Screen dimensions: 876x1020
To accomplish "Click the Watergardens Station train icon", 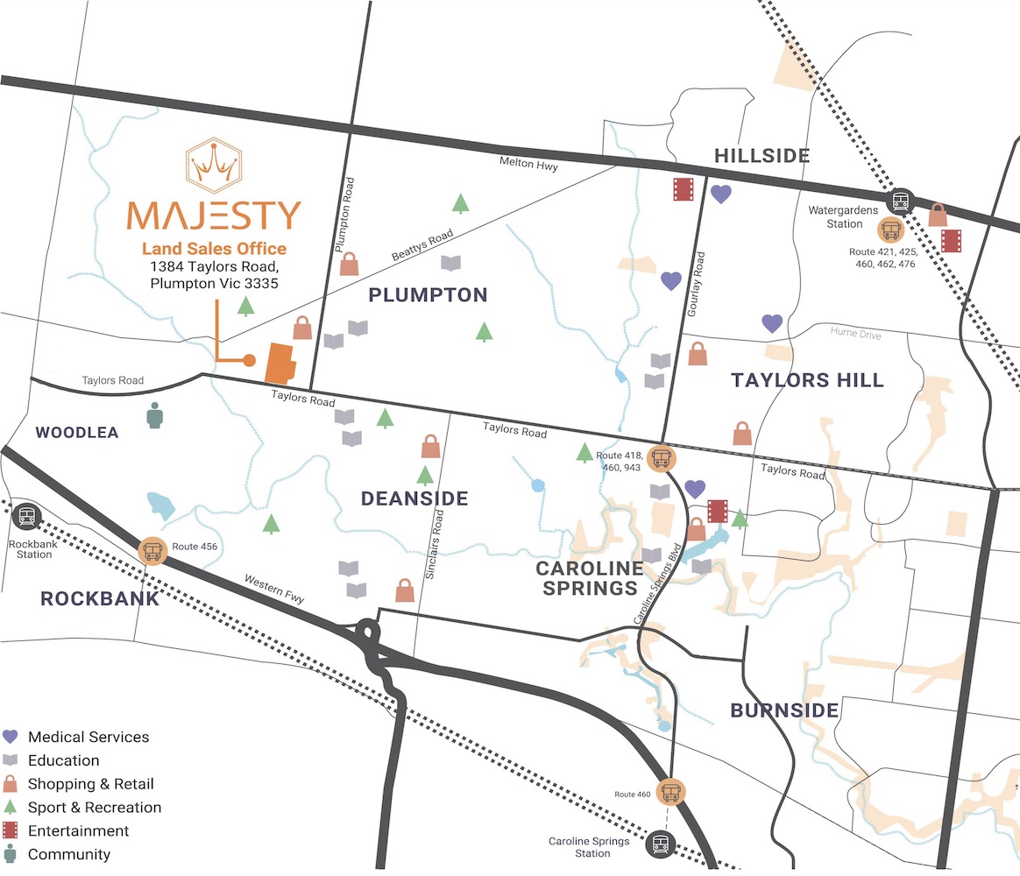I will coord(900,202).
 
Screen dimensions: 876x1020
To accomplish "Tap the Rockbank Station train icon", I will coord(26,516).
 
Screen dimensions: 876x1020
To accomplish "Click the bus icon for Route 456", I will coord(153,551).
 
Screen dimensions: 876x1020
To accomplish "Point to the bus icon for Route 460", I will coord(671,792).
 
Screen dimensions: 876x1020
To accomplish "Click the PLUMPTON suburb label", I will coord(428,294).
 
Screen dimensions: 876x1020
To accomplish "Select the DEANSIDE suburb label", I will coord(414,498).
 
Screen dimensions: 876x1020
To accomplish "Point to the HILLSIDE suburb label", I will coord(761,156).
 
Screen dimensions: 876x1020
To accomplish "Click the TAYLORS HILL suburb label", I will coord(807,380).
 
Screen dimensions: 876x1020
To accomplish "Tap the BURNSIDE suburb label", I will coord(784,710).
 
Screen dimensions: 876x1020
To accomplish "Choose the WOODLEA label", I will coord(77,433).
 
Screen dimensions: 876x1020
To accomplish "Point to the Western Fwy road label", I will coord(274,589).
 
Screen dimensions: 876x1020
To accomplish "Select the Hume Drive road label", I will coord(856,335).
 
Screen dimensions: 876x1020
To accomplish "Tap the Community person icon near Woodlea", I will coord(155,416).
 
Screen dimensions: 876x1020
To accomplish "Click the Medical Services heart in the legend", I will coord(11,737).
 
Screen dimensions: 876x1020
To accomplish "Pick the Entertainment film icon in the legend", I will coord(11,830).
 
